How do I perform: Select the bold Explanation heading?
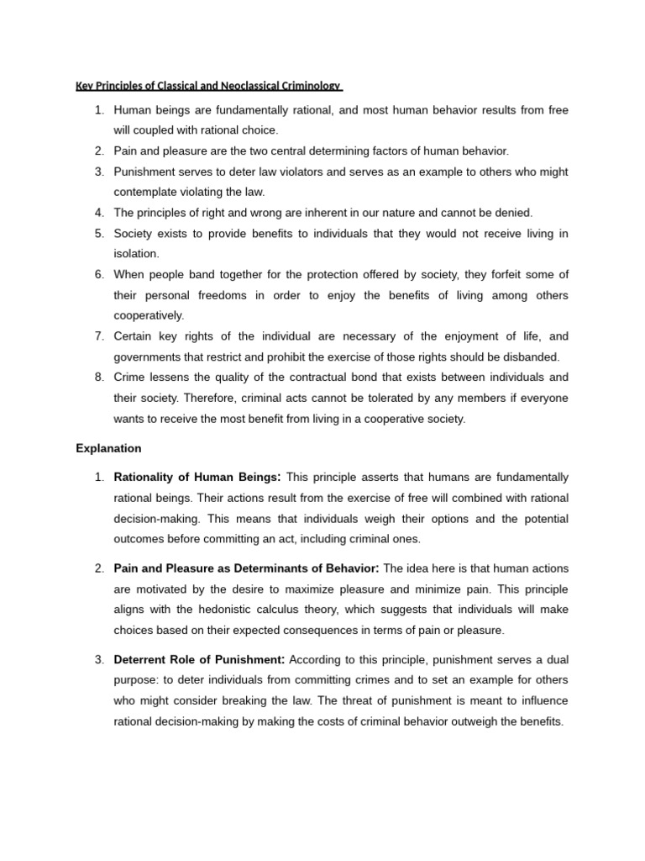(108, 448)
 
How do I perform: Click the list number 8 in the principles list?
(98, 377)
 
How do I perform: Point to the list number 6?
(98, 274)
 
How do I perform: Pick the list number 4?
(98, 213)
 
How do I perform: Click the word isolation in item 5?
(135, 253)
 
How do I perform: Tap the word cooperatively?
(149, 315)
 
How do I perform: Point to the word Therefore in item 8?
(189, 398)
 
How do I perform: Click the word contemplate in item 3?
(146, 192)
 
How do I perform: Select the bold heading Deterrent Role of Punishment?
(199, 658)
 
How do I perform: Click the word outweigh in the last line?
(475, 721)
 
